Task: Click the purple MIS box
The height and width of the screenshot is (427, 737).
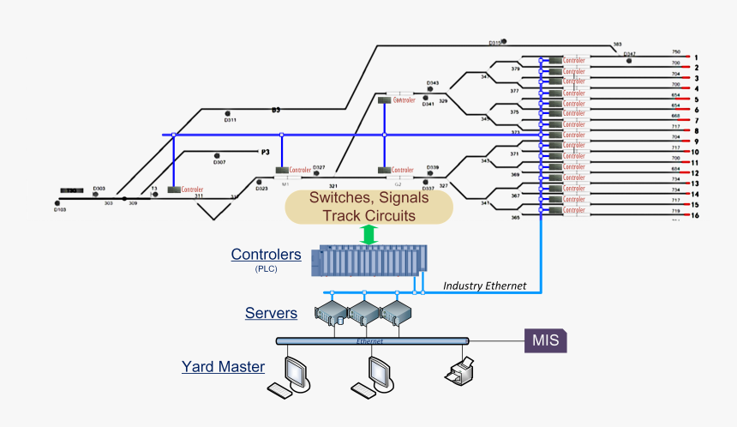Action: (x=545, y=340)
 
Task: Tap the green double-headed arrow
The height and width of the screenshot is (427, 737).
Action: (x=368, y=235)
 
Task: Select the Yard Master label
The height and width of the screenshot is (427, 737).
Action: (x=222, y=367)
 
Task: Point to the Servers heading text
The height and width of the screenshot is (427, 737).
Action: (x=271, y=313)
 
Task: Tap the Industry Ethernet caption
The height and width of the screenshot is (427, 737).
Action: (x=483, y=286)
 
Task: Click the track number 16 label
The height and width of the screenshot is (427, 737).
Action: (x=696, y=215)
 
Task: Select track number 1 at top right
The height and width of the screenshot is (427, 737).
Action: (x=696, y=56)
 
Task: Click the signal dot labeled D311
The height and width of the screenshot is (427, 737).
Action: (x=228, y=113)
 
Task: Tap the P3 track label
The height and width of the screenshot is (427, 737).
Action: (x=266, y=152)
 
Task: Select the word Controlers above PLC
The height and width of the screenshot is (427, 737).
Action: (x=266, y=255)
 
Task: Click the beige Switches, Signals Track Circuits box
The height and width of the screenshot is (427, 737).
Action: (x=368, y=207)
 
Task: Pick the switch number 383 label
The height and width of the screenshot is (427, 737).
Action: (x=617, y=44)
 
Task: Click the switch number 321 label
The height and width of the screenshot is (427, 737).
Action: (x=333, y=185)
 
